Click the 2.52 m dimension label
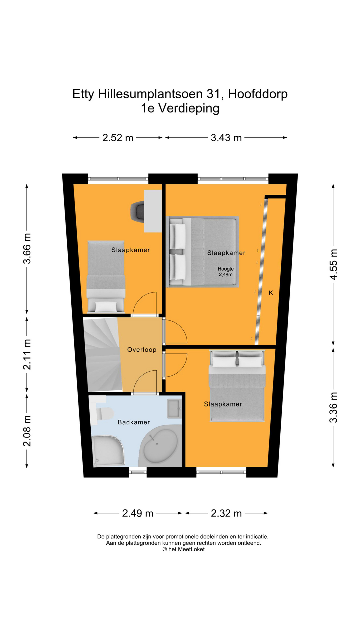point(118,138)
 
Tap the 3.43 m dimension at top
point(226,138)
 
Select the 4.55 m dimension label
point(333,264)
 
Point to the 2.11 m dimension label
point(27,354)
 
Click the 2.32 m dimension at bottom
point(226,513)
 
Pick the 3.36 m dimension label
point(333,407)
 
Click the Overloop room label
point(142,350)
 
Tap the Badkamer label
point(134,422)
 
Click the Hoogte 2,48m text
point(226,272)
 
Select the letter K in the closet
point(271,293)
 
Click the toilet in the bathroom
point(104,413)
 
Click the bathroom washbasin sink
point(174,409)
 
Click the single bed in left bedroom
point(106,277)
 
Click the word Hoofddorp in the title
point(258,94)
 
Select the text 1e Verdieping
point(180,108)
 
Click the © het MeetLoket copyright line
point(183,549)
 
